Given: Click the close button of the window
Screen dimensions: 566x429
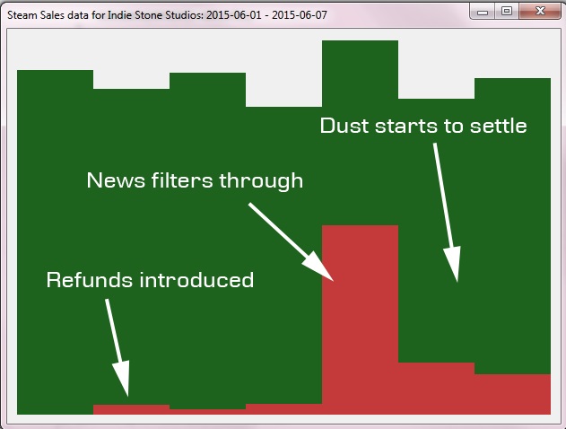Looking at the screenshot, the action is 540,11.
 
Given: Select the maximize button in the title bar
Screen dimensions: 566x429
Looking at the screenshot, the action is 507,11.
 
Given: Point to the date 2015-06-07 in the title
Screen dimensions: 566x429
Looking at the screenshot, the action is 300,15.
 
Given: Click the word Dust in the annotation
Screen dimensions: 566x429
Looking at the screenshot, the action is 345,126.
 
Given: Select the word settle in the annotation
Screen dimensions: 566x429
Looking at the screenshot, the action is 499,126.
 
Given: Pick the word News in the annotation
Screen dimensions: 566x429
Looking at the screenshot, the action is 116,180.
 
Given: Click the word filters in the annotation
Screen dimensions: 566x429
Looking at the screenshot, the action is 182,180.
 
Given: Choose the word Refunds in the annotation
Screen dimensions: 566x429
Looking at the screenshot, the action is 90,280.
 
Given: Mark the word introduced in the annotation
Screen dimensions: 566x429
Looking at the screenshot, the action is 196,280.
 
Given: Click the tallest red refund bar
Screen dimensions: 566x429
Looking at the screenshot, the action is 361,320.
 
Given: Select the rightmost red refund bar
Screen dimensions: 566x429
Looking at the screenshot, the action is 512,394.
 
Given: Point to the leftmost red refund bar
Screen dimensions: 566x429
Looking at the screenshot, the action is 131,409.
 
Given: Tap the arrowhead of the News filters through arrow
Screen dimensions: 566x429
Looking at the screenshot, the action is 319,267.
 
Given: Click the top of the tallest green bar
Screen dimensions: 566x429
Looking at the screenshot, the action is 361,40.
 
